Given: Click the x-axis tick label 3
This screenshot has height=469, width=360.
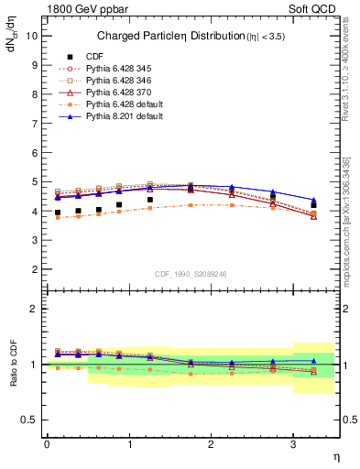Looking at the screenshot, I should [293, 444].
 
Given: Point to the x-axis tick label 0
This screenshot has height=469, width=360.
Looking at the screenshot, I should [47, 444].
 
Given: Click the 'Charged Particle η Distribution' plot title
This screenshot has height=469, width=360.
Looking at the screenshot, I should [183, 36].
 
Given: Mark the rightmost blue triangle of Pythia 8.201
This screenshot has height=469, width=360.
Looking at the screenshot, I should [314, 201].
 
